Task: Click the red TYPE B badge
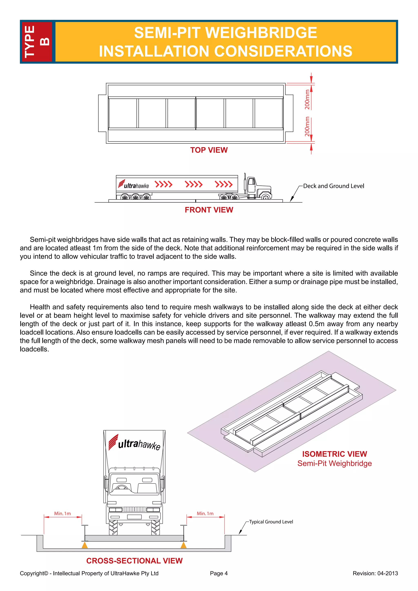(x=37, y=42)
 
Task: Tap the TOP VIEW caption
(x=209, y=150)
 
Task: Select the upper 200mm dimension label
(x=307, y=100)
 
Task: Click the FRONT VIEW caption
(x=209, y=210)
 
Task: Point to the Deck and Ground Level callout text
(x=333, y=186)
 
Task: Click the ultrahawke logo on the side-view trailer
(x=134, y=184)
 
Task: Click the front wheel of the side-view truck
(x=266, y=197)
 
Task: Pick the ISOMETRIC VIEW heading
(x=334, y=454)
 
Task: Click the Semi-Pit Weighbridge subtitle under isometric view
(x=334, y=463)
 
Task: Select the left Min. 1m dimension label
(x=62, y=513)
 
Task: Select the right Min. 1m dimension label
(x=205, y=513)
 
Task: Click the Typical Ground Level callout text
(x=271, y=522)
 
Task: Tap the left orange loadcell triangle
(x=84, y=545)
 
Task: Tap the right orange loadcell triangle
(x=183, y=545)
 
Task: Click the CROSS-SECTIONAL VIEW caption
(x=134, y=561)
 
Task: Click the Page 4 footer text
(x=219, y=573)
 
